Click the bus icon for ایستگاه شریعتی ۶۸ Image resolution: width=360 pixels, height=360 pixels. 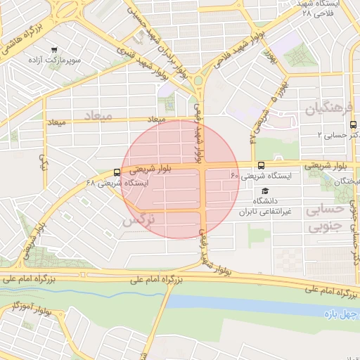(117, 172)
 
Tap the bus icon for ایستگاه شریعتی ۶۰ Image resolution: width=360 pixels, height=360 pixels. (262, 166)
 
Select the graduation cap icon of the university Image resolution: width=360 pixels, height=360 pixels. (265, 191)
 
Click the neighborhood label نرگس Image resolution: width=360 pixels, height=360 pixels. (137, 221)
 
